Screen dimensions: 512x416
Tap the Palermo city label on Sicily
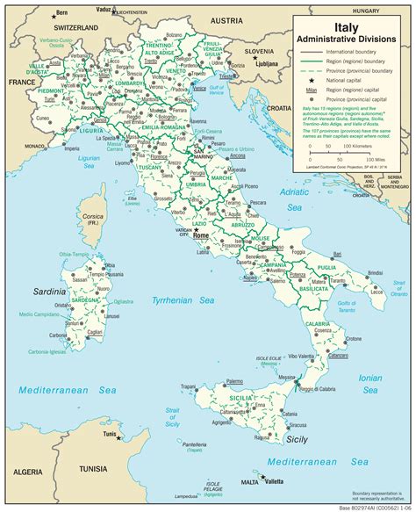(233, 381)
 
